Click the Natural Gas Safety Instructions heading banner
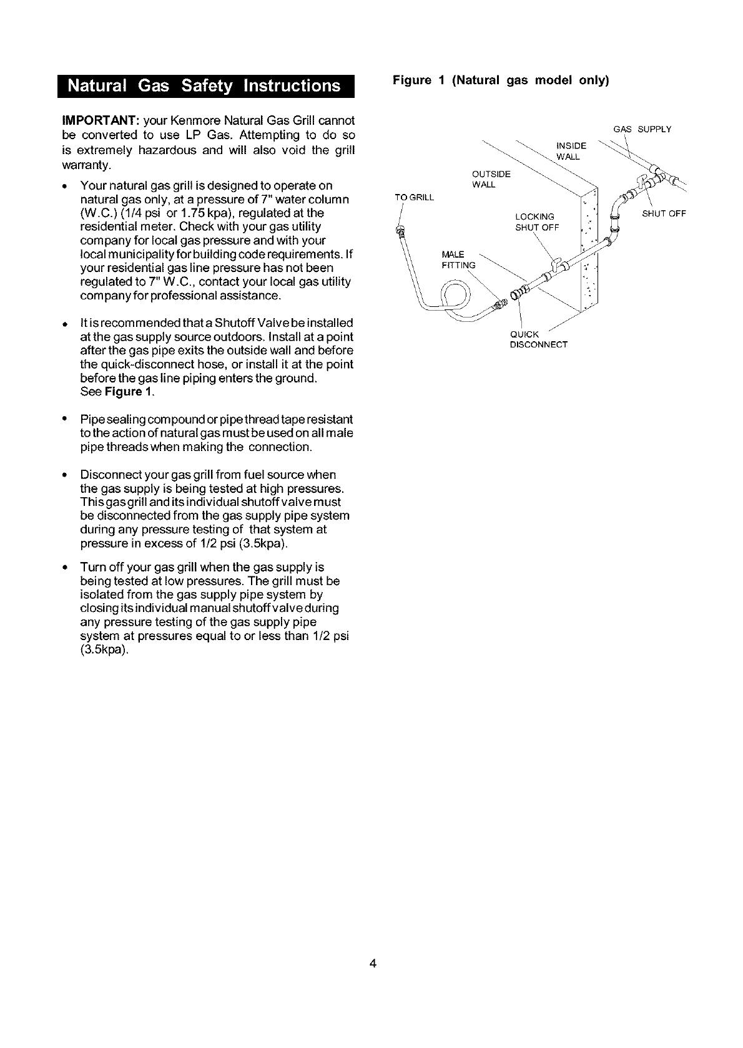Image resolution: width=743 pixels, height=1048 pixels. point(205,86)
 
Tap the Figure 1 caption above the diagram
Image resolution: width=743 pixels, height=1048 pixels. point(500,80)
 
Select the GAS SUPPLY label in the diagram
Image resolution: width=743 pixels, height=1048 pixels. point(642,130)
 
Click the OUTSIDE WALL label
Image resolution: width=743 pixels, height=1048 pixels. point(491,179)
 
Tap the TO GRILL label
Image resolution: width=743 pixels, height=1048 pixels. point(414,198)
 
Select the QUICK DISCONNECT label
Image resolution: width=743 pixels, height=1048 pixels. point(538,339)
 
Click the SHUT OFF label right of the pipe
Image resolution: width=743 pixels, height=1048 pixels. point(664,213)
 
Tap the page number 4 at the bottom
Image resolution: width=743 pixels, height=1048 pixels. point(372,964)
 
